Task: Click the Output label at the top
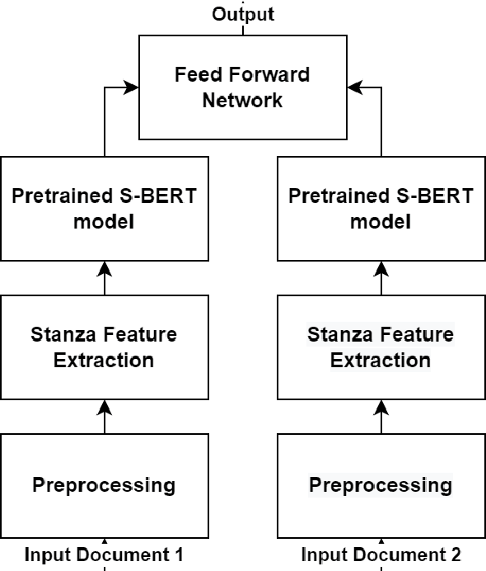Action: tap(243, 14)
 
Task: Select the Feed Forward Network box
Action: tap(242, 87)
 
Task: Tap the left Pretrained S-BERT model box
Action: tap(104, 209)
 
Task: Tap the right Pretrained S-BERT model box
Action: tap(381, 209)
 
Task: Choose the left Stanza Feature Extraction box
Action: tap(104, 347)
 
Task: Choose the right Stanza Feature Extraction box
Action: tap(381, 347)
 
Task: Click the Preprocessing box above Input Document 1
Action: tap(104, 484)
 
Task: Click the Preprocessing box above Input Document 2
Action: tap(381, 484)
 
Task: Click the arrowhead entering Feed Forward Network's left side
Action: tap(133, 86)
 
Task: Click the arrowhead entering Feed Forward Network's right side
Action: tap(353, 86)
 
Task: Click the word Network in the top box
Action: tap(242, 101)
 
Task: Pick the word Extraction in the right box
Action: tap(381, 361)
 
